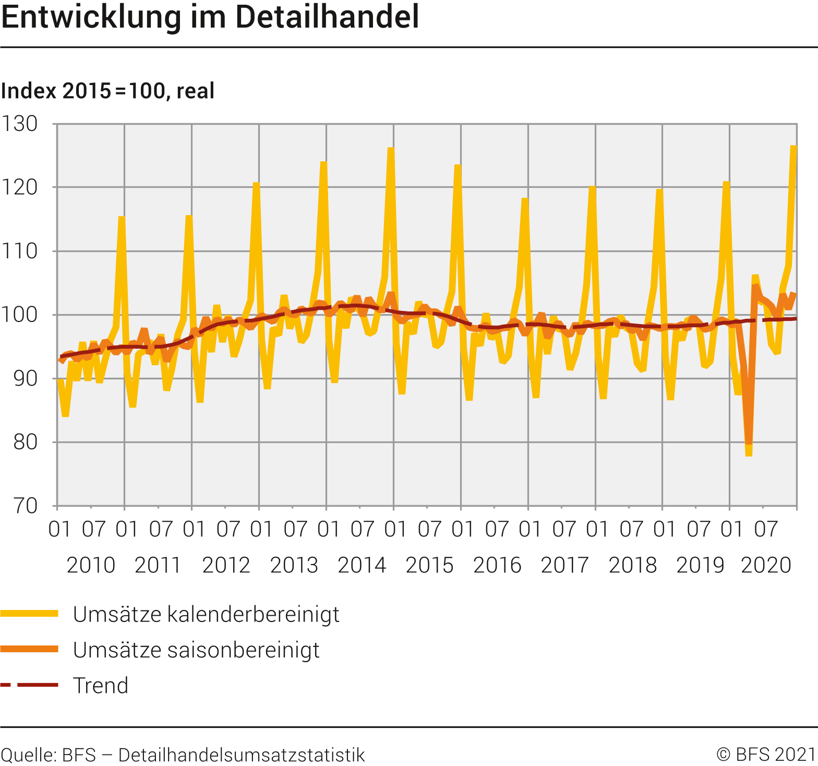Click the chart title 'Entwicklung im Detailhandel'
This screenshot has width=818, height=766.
click(210, 17)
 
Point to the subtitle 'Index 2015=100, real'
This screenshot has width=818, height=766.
click(107, 91)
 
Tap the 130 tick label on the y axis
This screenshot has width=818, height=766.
click(20, 124)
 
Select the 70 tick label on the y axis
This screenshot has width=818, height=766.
click(25, 506)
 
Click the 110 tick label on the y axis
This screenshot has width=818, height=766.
click(20, 251)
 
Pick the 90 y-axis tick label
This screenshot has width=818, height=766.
click(25, 378)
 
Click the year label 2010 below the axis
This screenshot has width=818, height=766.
click(91, 565)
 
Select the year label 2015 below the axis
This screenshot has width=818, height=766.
click(429, 565)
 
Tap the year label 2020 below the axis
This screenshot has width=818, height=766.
click(766, 565)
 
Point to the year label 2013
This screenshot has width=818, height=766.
click(294, 565)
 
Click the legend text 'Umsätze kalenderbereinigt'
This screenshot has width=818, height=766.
click(206, 614)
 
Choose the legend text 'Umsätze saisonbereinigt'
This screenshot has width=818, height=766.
click(196, 650)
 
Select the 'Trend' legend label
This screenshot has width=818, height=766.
click(101, 685)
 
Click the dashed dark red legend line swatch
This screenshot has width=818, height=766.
click(29, 685)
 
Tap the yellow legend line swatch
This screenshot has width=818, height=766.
click(29, 614)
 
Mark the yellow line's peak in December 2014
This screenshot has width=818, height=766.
click(391, 149)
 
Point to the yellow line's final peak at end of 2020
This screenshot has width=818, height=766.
click(793, 147)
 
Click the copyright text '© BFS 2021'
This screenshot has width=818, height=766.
click(765, 755)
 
